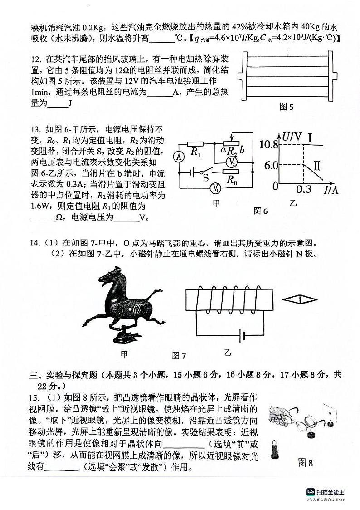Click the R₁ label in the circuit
click(195, 152)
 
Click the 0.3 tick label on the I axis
click(304, 189)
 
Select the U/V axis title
click(292, 135)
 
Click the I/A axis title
click(331, 190)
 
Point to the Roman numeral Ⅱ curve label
click(316, 165)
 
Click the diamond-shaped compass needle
click(299, 299)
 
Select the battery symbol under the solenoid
click(243, 336)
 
